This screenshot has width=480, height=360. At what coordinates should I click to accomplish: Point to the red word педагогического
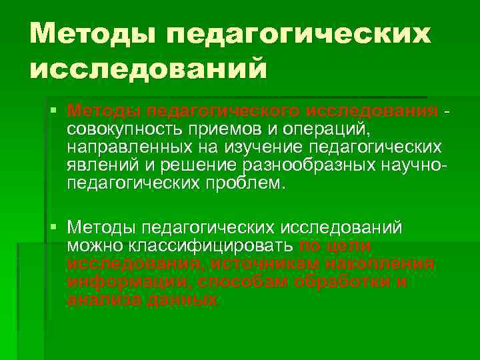click(x=224, y=109)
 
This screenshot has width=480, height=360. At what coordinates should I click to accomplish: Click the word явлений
click(x=100, y=165)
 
